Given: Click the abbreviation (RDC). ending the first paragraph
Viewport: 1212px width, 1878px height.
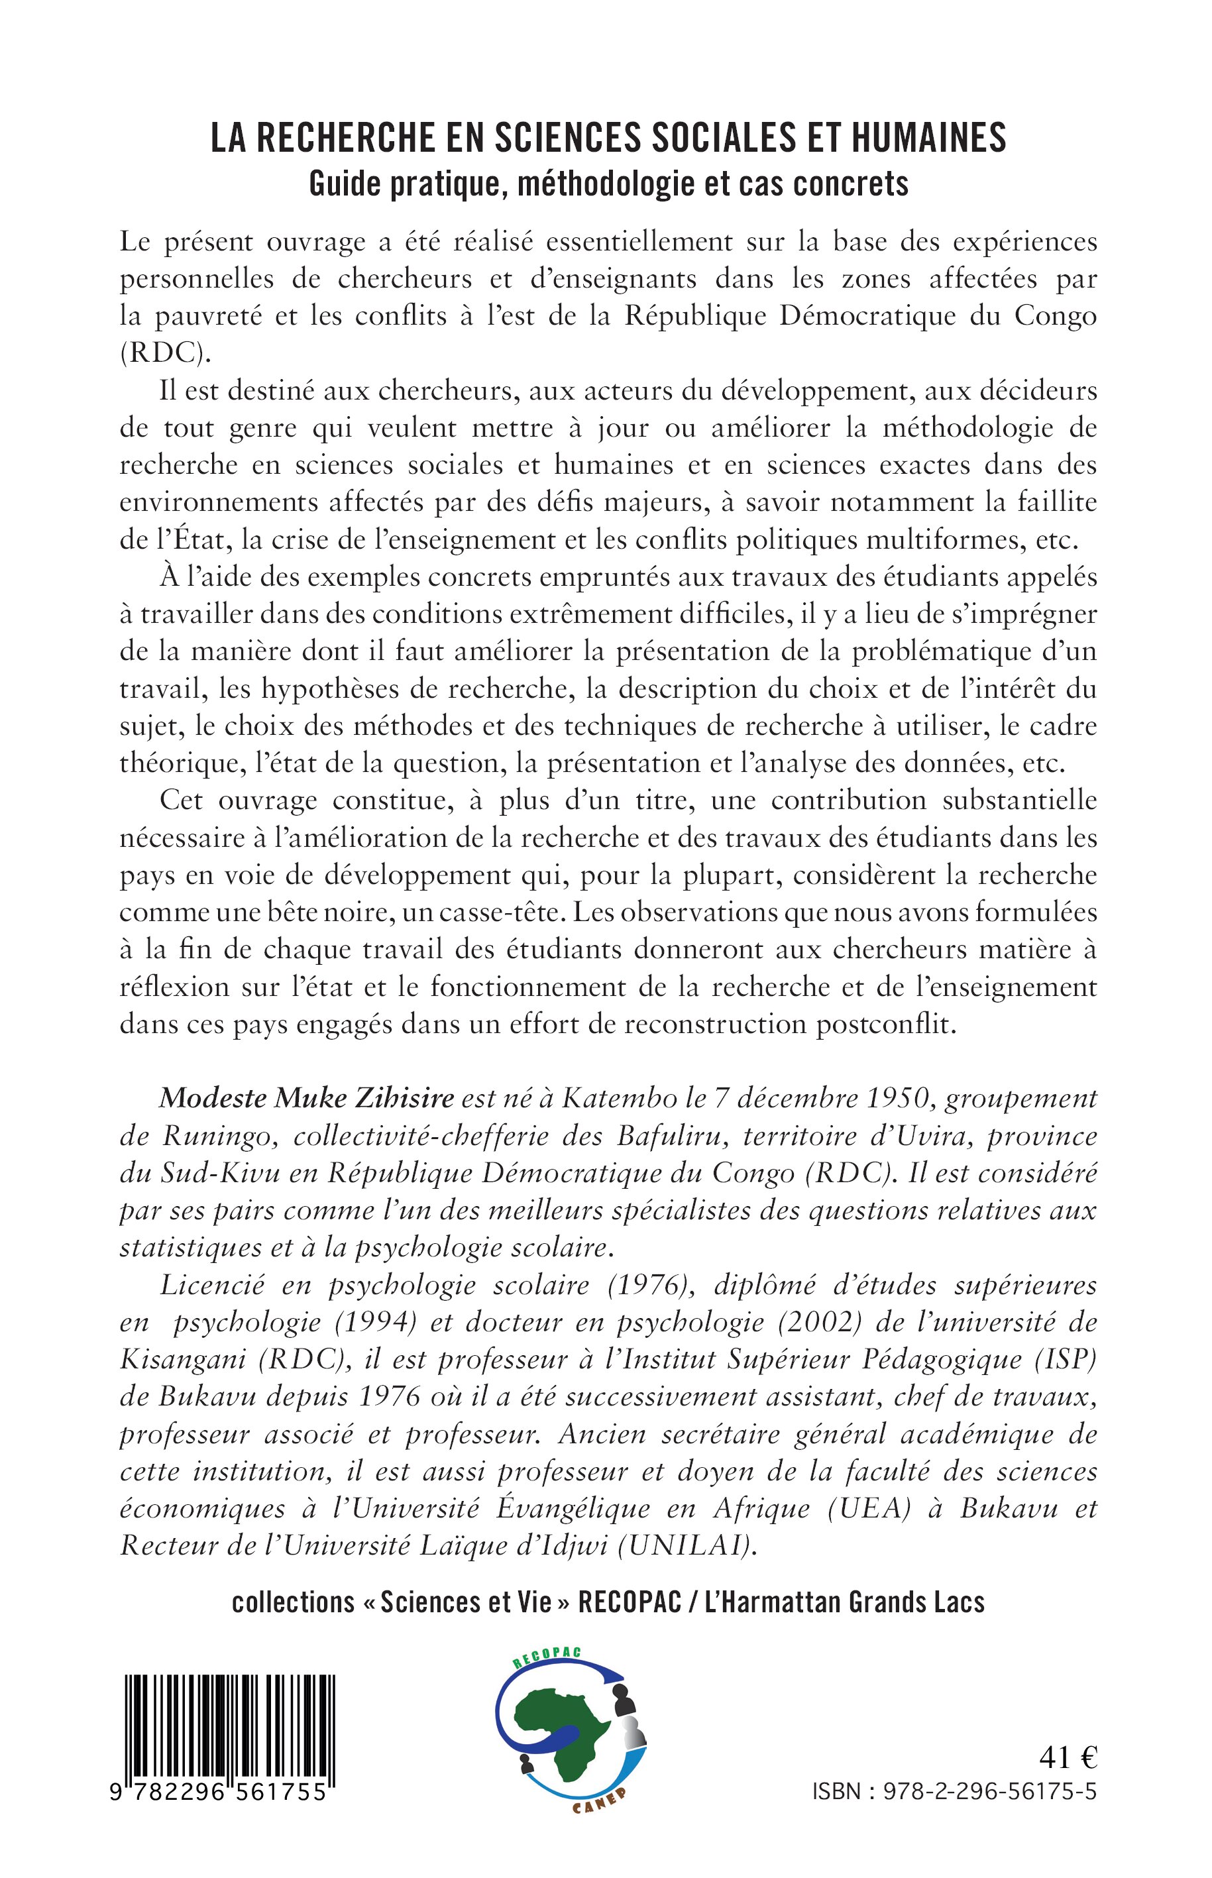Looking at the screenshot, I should click(x=166, y=353).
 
